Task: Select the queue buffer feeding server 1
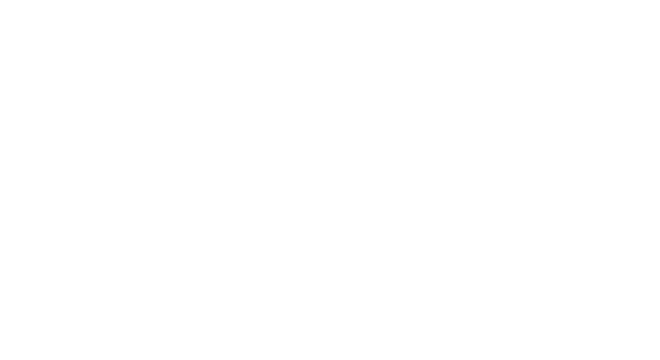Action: pyautogui.click(x=137, y=208)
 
